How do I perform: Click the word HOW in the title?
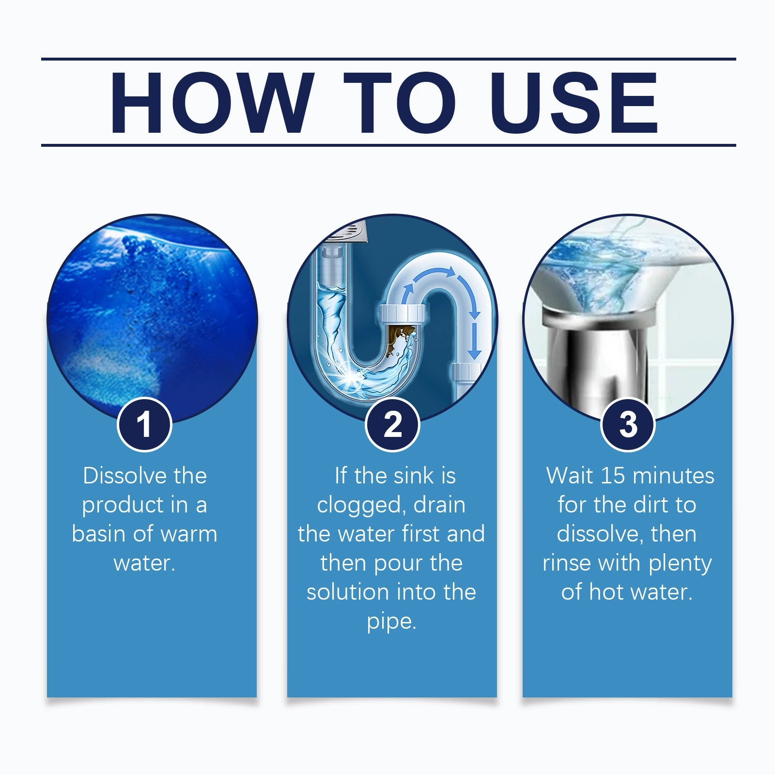(x=211, y=102)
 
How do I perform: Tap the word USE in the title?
(x=574, y=102)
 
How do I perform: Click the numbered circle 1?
(x=144, y=424)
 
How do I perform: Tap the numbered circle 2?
(x=392, y=424)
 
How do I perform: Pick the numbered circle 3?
(x=628, y=424)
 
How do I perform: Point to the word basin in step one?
(x=99, y=534)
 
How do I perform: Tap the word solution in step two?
(x=347, y=592)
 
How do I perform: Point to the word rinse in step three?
(x=566, y=563)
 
